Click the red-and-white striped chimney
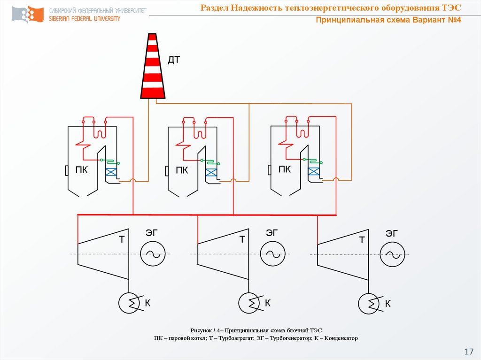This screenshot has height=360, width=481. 153,66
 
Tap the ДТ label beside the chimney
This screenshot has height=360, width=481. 174,60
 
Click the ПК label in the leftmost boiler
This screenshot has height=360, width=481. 82,170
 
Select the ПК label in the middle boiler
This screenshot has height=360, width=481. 182,170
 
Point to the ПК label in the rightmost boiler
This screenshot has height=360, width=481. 284,169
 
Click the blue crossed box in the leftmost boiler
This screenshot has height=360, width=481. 111,172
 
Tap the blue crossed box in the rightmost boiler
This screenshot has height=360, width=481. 314,171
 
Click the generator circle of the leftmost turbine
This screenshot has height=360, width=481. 153,254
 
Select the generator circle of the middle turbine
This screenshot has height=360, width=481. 272,254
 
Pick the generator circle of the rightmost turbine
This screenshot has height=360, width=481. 392,254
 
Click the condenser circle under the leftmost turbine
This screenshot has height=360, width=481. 129,303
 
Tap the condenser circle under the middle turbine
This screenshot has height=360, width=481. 249,303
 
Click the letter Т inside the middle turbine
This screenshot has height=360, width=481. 242,239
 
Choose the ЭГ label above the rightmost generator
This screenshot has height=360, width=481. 392,234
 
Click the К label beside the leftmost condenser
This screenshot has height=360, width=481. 147,303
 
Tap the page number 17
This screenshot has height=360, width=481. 469,352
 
